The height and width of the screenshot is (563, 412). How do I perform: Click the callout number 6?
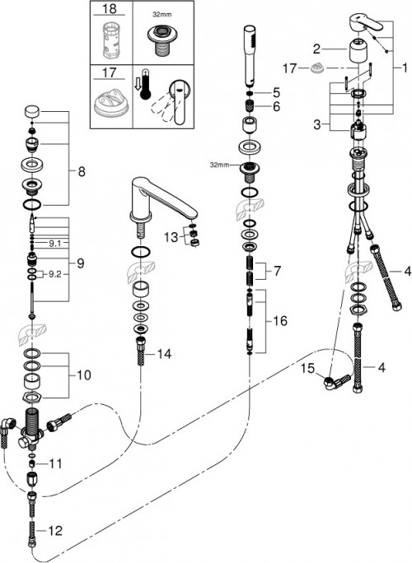(277, 107)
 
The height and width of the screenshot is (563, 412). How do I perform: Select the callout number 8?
(80, 173)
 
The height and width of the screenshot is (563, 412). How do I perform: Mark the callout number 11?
(55, 464)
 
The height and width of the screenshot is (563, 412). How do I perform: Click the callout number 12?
(55, 532)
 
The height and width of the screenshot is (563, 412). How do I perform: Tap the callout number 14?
(165, 355)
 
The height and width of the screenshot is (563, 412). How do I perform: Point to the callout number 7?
(277, 270)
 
